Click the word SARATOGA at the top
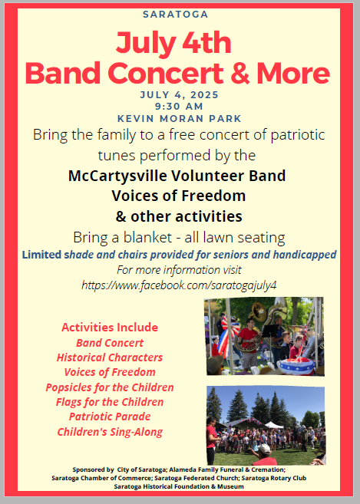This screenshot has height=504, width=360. coord(180,14)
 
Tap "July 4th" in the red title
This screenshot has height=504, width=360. coord(177,42)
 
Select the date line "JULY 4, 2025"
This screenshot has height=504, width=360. coord(180,94)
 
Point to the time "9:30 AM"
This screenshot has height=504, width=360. coord(180,106)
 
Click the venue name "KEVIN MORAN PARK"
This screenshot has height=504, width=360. coord(180,118)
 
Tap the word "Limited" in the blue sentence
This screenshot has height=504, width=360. coord(43,254)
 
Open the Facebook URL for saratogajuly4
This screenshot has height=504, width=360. coord(179,285)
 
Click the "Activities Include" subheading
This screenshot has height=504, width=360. coord(110,327)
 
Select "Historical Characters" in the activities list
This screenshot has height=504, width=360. coord(110,357)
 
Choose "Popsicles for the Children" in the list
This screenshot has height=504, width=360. coord(110,387)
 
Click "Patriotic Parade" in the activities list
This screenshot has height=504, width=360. coord(110,417)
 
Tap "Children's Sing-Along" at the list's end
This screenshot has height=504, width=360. coord(110,432)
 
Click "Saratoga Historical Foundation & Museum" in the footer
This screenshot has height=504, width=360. coord(179,486)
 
